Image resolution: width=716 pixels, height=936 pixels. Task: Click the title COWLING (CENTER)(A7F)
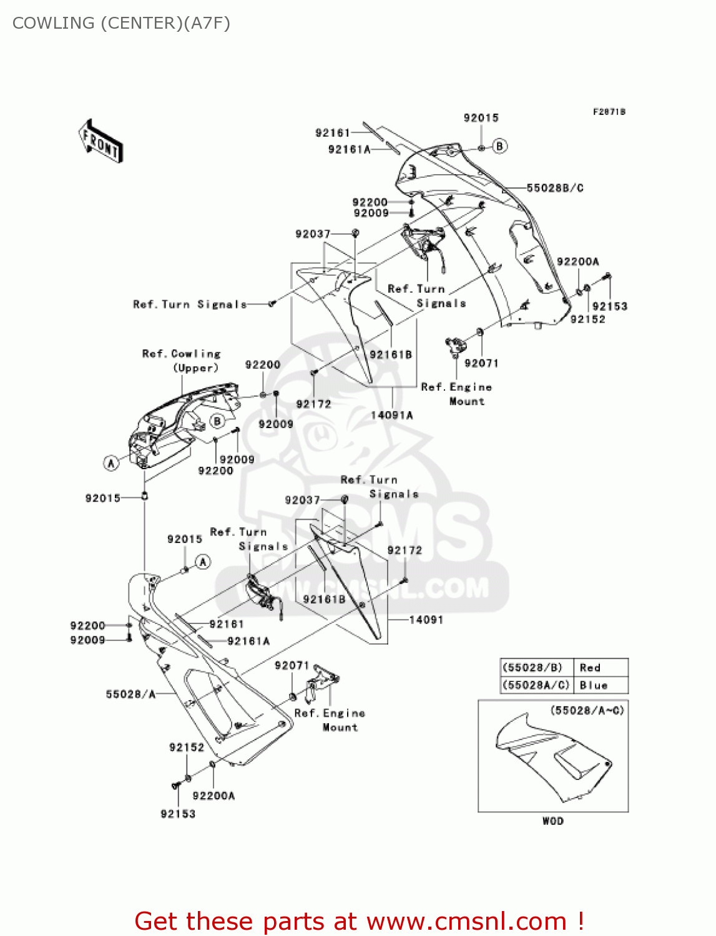pyautogui.click(x=121, y=23)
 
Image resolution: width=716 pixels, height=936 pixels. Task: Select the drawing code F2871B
pyautogui.click(x=609, y=112)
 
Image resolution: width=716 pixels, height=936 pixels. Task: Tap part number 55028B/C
pyautogui.click(x=555, y=188)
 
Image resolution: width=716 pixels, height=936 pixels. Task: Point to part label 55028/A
pyautogui.click(x=130, y=694)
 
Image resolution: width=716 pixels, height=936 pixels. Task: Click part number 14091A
pyautogui.click(x=391, y=415)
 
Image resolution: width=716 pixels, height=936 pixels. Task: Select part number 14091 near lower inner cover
pyautogui.click(x=426, y=620)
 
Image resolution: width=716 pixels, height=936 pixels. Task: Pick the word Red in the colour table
pyautogui.click(x=590, y=668)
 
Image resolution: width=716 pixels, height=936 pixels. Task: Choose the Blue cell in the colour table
pyautogui.click(x=593, y=685)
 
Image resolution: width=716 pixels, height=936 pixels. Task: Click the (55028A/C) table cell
pyautogui.click(x=536, y=685)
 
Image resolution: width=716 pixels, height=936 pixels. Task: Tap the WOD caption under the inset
pyautogui.click(x=552, y=821)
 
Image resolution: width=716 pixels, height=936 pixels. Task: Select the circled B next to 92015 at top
pyautogui.click(x=500, y=146)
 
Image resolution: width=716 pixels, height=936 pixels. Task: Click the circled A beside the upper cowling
pyautogui.click(x=111, y=462)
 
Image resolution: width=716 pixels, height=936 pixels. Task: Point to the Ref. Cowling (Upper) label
pyautogui.click(x=182, y=361)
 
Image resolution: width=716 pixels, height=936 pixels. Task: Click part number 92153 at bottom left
pyautogui.click(x=178, y=814)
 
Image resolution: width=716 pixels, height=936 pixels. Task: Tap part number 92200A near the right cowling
pyautogui.click(x=577, y=261)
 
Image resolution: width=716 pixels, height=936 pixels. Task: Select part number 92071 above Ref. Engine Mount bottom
pyautogui.click(x=292, y=666)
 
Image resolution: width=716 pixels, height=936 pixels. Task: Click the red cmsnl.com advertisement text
pyautogui.click(x=359, y=921)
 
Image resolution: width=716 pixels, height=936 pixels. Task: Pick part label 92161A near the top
pyautogui.click(x=349, y=149)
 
